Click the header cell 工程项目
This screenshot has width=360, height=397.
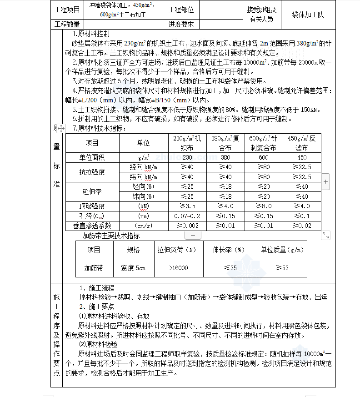[x=67, y=10]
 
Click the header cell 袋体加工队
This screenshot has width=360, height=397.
[x=308, y=15]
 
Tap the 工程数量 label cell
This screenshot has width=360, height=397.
[x=67, y=24]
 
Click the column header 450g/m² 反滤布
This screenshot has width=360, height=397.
[x=302, y=143]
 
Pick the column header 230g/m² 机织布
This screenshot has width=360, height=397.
[x=187, y=143]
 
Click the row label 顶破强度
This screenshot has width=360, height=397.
[x=92, y=206]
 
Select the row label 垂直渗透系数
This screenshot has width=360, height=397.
[x=92, y=226]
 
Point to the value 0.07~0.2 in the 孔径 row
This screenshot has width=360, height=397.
[x=187, y=216]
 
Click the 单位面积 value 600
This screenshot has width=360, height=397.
[x=264, y=157]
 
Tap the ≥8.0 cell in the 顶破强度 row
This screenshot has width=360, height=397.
[x=264, y=206]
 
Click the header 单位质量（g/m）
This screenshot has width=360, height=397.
[x=282, y=250]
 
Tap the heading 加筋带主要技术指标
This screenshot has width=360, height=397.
[x=111, y=236]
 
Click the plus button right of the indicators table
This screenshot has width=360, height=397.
[x=326, y=181]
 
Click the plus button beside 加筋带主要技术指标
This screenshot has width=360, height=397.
[x=193, y=236]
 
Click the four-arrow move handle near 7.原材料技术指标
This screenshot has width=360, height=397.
[x=61, y=129]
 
